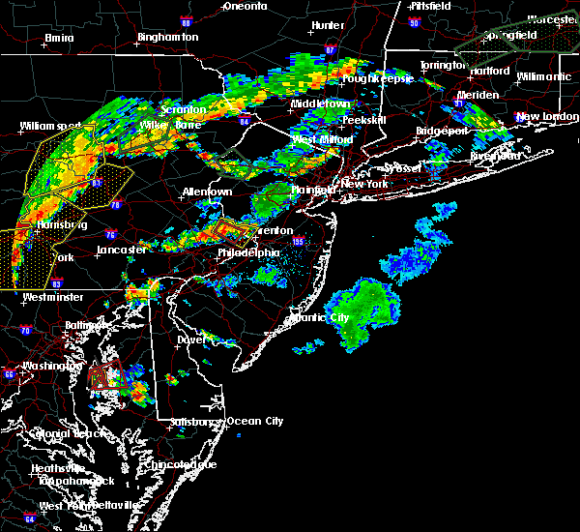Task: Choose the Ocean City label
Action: click(255, 421)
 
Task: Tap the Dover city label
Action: click(192, 340)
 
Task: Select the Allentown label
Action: click(207, 192)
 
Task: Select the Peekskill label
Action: click(363, 120)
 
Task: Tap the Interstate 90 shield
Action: click(414, 22)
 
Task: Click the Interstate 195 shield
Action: click(298, 243)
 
